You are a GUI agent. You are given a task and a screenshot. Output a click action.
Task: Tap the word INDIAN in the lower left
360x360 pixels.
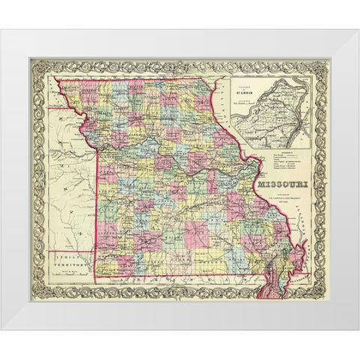click(67, 257)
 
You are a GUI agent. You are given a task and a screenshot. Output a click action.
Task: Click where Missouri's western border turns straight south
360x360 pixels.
click(97, 142)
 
